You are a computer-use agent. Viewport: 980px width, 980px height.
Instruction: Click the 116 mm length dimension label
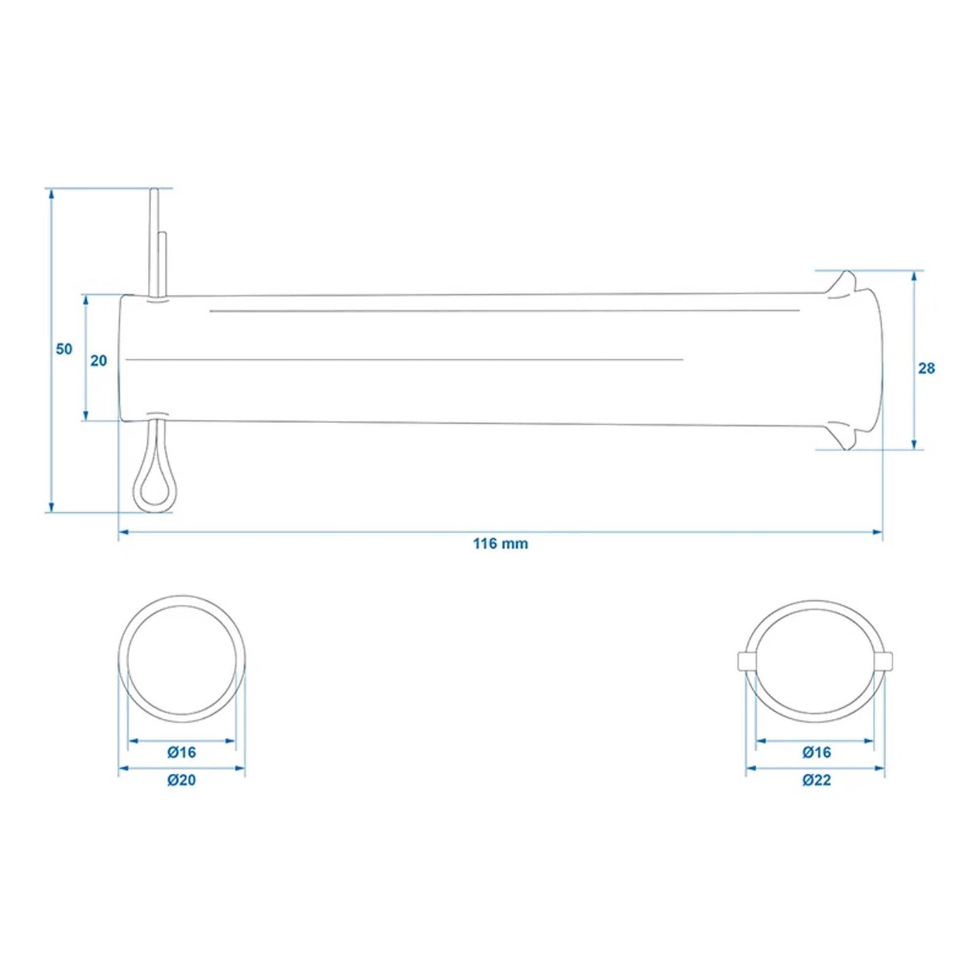pyautogui.click(x=500, y=543)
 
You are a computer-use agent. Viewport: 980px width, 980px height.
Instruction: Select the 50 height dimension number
pyautogui.click(x=64, y=349)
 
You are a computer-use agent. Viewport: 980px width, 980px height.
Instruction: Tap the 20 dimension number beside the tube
pyautogui.click(x=99, y=361)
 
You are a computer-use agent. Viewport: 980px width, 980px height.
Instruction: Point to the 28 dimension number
pyautogui.click(x=926, y=368)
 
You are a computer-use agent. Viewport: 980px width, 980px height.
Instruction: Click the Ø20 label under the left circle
pyautogui.click(x=182, y=780)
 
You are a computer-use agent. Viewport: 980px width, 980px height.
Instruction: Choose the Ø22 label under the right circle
pyautogui.click(x=816, y=780)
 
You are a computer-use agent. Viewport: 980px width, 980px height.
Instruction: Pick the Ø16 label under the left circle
pyautogui.click(x=182, y=752)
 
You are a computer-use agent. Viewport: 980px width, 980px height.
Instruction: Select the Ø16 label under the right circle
pyautogui.click(x=816, y=752)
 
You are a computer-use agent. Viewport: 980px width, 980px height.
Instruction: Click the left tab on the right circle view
pyautogui.click(x=744, y=661)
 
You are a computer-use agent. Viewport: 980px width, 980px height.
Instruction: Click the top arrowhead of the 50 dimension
pyautogui.click(x=51, y=194)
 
